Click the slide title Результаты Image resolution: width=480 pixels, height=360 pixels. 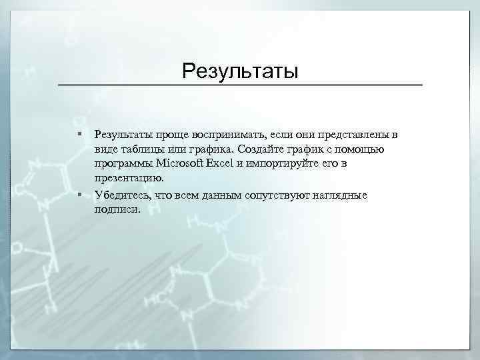(240, 70)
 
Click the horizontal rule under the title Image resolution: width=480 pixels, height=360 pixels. (240, 85)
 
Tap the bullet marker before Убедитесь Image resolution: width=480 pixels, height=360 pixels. (79, 195)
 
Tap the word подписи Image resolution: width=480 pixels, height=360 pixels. (117, 209)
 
